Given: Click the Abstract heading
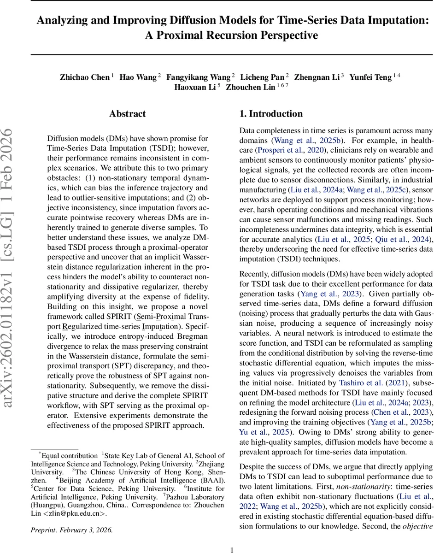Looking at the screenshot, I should point(127,114).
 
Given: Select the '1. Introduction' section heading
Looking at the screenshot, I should point(271,114).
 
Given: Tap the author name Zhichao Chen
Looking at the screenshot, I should point(85,77).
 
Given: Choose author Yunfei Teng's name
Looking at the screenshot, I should point(370,77).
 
